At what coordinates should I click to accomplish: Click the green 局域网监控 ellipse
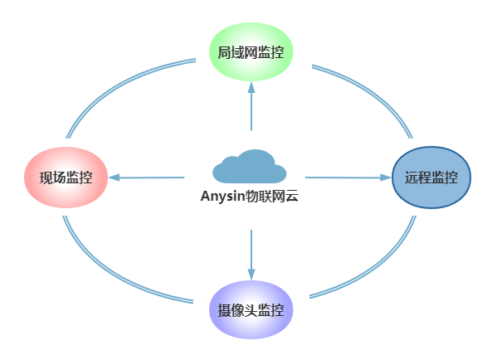(x=251, y=51)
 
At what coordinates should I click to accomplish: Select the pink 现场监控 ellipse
(x=66, y=178)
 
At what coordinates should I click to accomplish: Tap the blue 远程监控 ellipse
(x=431, y=178)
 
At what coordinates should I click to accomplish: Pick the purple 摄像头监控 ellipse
(x=251, y=309)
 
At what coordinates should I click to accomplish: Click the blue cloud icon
(x=250, y=167)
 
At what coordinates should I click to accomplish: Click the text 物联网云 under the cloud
(x=272, y=196)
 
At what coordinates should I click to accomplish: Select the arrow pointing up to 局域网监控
(x=251, y=106)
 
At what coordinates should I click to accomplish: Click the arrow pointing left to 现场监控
(x=146, y=178)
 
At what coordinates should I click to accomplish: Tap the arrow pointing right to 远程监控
(x=348, y=178)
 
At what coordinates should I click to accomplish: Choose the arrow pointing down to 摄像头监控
(x=251, y=255)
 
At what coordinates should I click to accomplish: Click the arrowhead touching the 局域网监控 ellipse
(x=251, y=87)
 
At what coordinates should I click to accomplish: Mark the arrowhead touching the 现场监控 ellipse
(x=115, y=178)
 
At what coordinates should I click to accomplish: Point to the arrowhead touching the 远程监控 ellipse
(x=386, y=178)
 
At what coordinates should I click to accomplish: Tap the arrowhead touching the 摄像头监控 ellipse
(x=251, y=275)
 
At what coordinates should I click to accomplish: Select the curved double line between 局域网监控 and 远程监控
(x=374, y=92)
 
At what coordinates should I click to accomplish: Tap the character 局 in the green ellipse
(x=224, y=52)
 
